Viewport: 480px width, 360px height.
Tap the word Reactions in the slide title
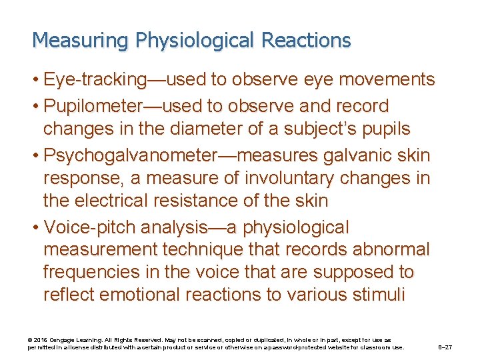(x=306, y=41)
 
